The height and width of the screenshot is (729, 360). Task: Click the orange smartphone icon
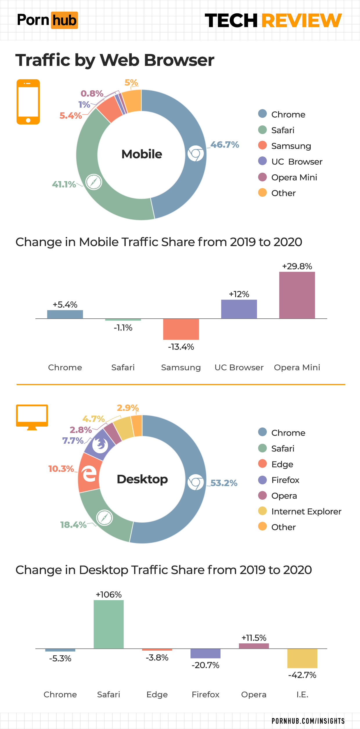(x=28, y=102)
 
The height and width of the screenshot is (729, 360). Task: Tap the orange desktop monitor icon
(x=32, y=417)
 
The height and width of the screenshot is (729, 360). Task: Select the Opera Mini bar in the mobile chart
(x=297, y=295)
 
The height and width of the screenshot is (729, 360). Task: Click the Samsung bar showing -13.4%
(x=181, y=329)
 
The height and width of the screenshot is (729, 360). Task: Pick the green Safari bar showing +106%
(x=109, y=624)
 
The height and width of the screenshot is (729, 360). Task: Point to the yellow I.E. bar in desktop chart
(x=302, y=658)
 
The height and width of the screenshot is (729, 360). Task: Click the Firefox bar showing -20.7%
(x=205, y=653)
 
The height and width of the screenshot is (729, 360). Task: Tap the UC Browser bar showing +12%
(x=239, y=309)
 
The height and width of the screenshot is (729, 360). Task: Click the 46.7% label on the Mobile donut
(x=225, y=145)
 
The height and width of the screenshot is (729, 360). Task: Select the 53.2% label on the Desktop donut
(x=224, y=483)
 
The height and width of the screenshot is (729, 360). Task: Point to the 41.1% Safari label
(x=64, y=184)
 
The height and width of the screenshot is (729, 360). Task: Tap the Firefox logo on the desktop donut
(x=100, y=445)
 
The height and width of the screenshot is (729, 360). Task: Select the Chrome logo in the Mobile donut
(x=195, y=154)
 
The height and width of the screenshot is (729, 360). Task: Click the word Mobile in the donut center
(x=142, y=154)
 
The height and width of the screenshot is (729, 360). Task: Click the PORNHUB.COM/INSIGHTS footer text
(x=308, y=721)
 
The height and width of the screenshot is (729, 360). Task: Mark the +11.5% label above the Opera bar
(x=254, y=638)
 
